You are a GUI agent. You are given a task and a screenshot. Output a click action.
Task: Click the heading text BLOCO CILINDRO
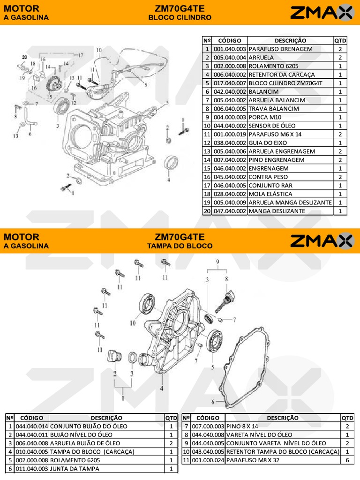click(x=180, y=17)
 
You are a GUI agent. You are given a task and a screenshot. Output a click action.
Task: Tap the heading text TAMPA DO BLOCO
click(x=180, y=246)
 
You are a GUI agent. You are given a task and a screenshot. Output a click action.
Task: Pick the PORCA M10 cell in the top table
click(x=266, y=117)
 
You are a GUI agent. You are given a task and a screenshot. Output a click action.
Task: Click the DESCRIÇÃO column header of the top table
click(x=290, y=41)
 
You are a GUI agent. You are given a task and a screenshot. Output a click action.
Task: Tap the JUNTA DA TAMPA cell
click(x=73, y=469)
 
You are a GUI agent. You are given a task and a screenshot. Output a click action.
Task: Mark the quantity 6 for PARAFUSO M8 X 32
click(x=347, y=460)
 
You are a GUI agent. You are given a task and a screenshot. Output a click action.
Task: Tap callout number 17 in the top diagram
click(x=81, y=55)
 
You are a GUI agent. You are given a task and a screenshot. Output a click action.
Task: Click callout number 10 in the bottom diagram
click(x=133, y=323)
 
